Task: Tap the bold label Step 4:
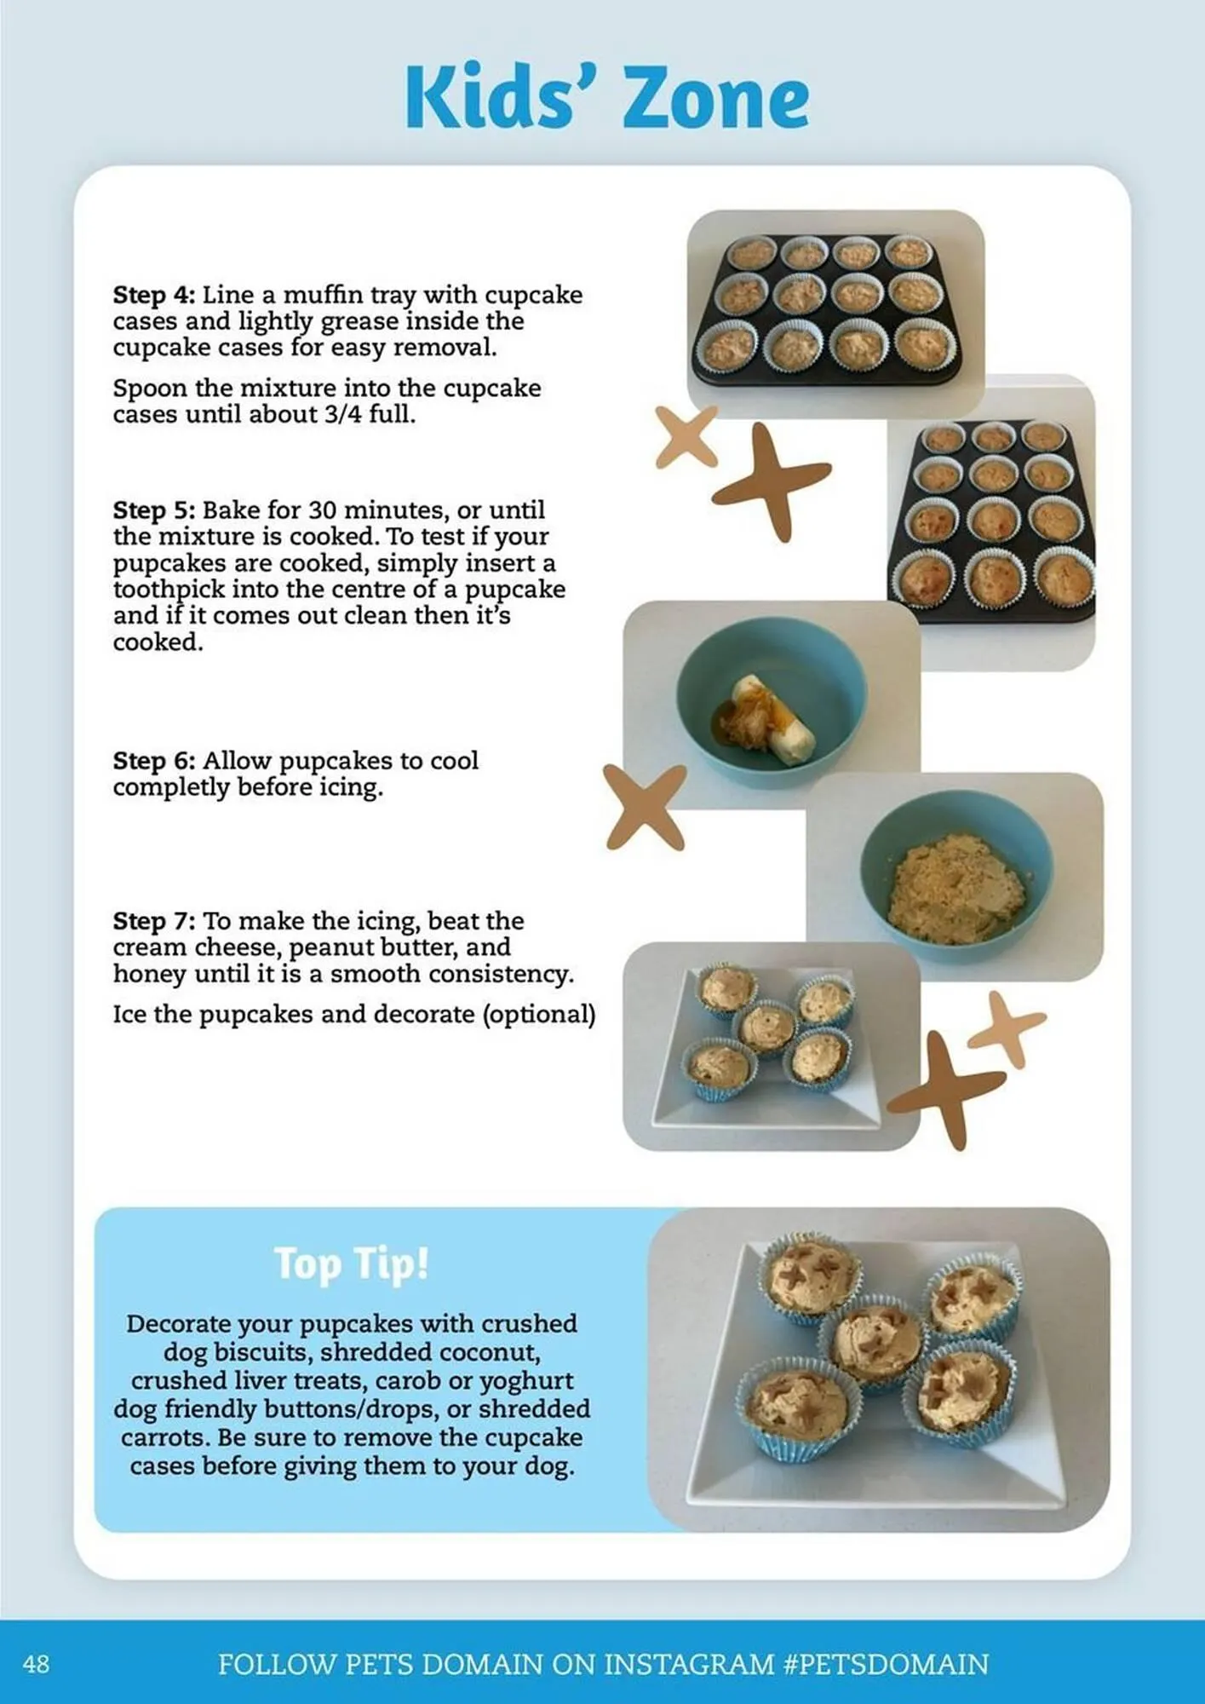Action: click(x=154, y=295)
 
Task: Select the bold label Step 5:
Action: click(x=154, y=510)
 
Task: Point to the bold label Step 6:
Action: click(x=154, y=761)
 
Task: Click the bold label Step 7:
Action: click(x=154, y=921)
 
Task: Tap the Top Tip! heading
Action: click(x=352, y=1264)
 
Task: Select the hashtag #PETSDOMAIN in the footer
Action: click(x=886, y=1664)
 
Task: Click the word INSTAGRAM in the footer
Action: click(x=689, y=1664)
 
